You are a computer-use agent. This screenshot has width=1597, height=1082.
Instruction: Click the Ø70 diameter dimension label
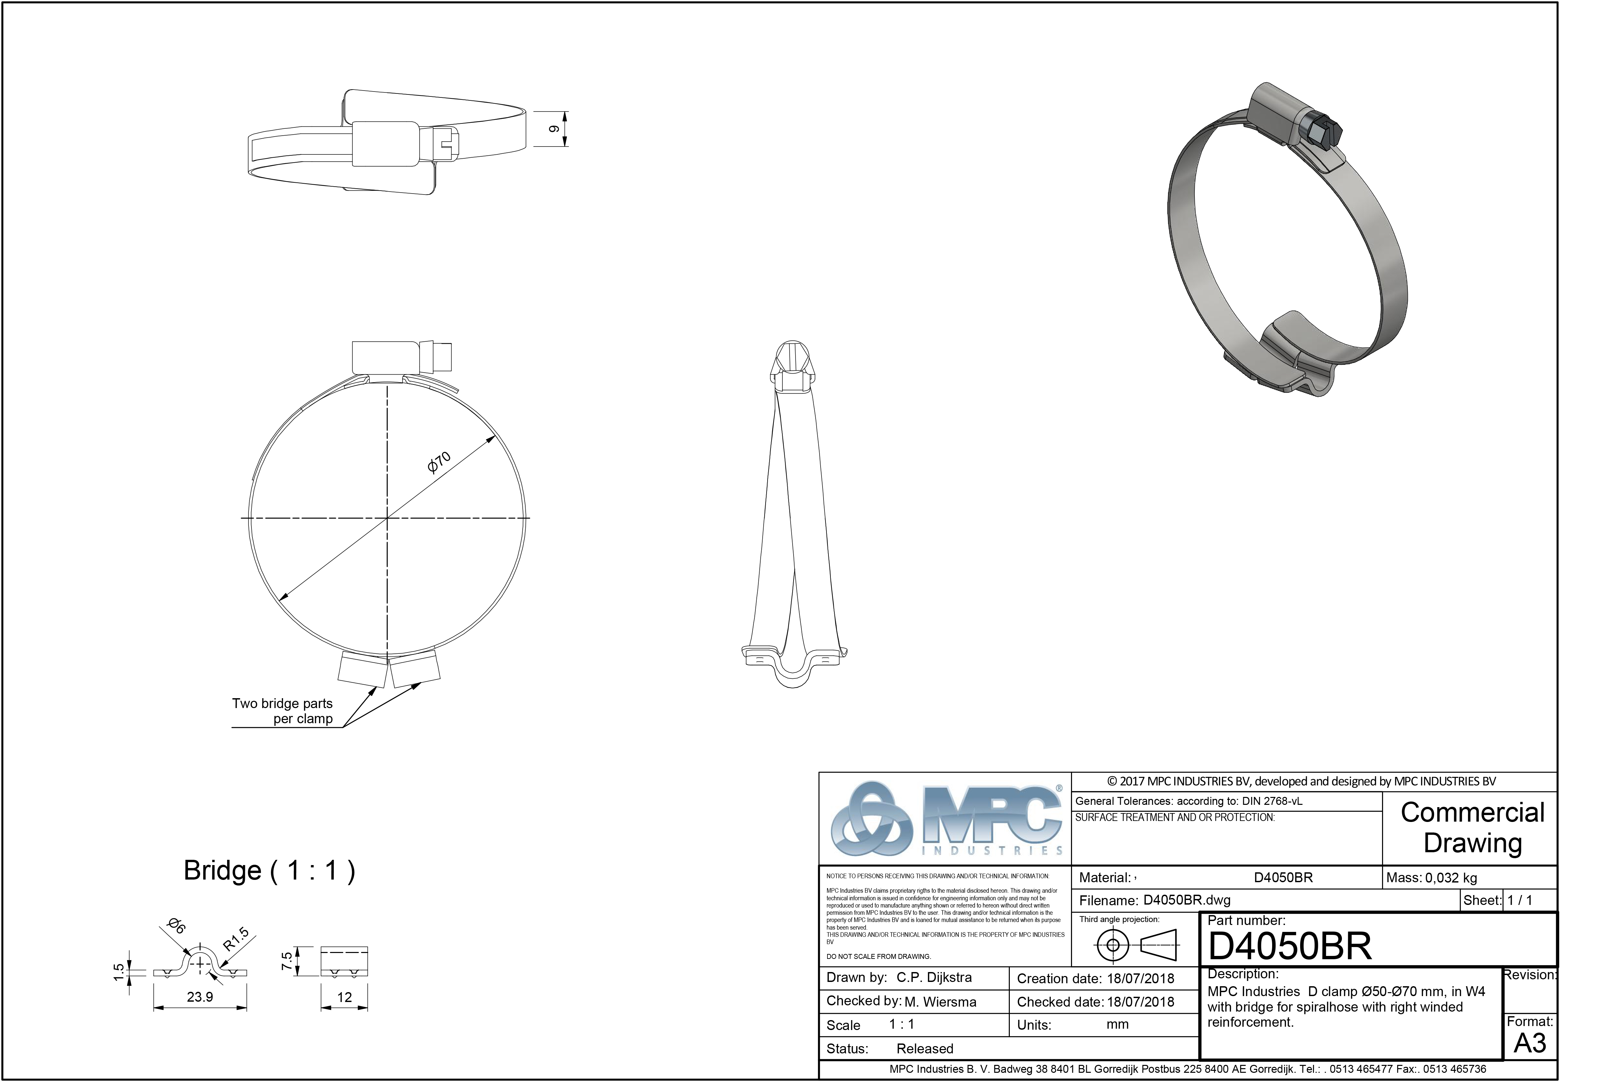click(439, 462)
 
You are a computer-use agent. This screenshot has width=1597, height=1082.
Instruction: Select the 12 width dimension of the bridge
click(344, 997)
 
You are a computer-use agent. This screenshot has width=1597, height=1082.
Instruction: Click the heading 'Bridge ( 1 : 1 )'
click(269, 870)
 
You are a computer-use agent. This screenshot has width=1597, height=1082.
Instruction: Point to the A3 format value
click(1530, 1043)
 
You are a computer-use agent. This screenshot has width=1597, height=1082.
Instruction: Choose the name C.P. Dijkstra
click(934, 978)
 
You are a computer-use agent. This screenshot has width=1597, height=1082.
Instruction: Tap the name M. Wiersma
click(940, 1002)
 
